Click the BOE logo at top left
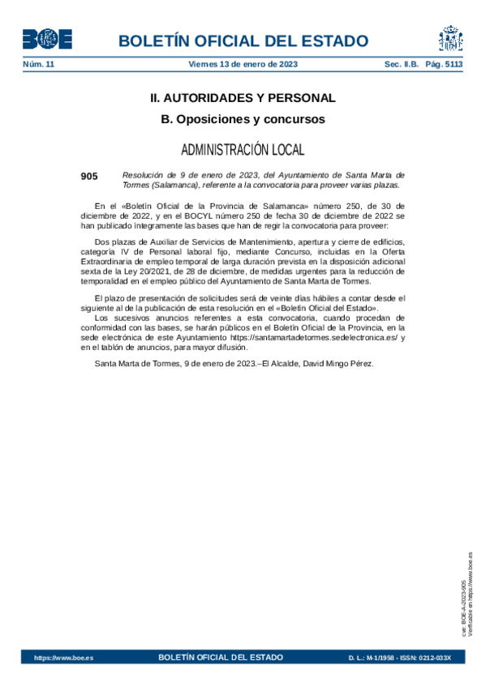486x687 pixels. tap(47, 39)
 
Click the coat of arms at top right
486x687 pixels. tap(450, 38)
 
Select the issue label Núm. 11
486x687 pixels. tap(38, 63)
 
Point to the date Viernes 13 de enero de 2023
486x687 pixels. tap(243, 63)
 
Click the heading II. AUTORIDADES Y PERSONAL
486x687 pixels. tap(243, 98)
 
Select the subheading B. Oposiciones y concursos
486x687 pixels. tap(243, 119)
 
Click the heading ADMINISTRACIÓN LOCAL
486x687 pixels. tap(243, 150)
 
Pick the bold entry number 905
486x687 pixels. tap(89, 175)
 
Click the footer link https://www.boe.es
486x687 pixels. tap(63, 658)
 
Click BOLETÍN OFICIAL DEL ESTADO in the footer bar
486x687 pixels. tap(221, 657)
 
